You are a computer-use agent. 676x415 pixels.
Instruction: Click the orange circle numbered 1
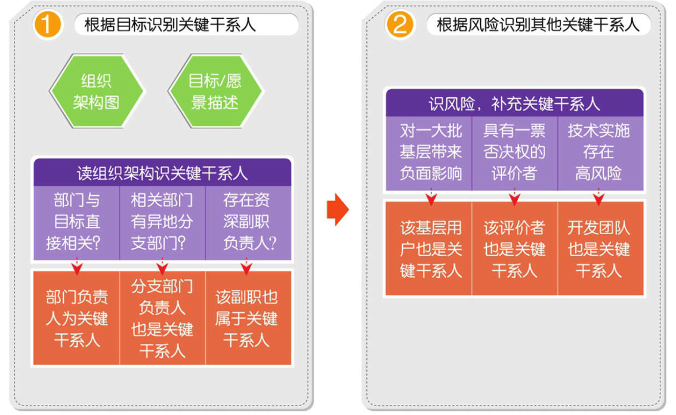47,24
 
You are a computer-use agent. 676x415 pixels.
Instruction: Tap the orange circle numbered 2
400,24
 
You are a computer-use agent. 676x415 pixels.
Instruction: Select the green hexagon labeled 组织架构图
97,91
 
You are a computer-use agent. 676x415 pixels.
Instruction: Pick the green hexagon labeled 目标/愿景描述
215,91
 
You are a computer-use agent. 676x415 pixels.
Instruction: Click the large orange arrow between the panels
338,210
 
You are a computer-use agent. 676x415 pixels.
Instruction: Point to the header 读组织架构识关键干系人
162,173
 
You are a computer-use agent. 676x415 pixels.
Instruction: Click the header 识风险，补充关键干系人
514,103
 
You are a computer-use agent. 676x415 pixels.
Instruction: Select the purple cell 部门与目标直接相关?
76,223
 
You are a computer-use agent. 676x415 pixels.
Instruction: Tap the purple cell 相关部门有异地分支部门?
162,223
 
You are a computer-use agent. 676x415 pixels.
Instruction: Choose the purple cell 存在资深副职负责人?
248,223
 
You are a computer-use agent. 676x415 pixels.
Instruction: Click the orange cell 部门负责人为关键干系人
76,318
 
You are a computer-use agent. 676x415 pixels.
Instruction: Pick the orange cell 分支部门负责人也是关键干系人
162,318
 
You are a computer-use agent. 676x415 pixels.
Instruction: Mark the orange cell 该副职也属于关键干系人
248,318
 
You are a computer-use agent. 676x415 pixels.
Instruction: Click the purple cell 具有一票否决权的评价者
514,153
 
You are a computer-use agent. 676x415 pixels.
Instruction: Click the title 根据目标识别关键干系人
170,24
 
